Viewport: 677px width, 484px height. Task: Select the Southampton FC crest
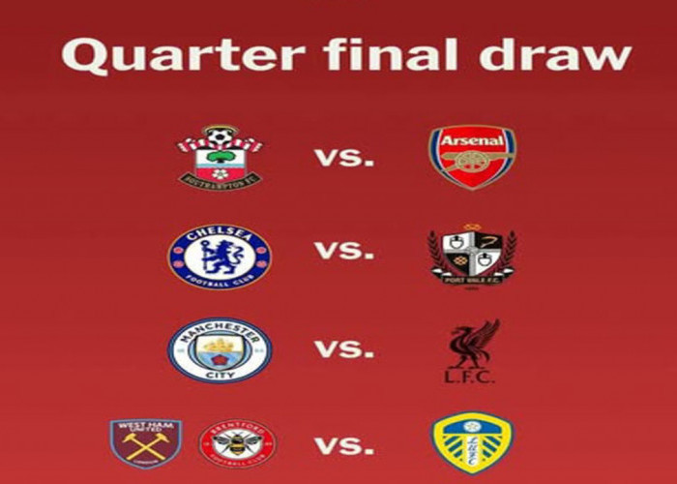pyautogui.click(x=220, y=156)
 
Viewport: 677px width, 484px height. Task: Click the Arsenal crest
pyautogui.click(x=472, y=157)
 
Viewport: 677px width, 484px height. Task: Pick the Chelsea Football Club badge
pyautogui.click(x=220, y=255)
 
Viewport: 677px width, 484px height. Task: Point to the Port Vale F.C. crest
pyautogui.click(x=472, y=254)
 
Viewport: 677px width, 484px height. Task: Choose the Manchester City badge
pyautogui.click(x=220, y=350)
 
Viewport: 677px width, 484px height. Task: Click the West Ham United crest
pyautogui.click(x=146, y=443)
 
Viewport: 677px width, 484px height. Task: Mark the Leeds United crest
pyautogui.click(x=472, y=443)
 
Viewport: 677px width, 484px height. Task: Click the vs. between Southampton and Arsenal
pyautogui.click(x=344, y=157)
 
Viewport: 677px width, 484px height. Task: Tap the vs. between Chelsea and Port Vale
pyautogui.click(x=344, y=252)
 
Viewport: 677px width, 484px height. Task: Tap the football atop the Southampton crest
pyautogui.click(x=221, y=135)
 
